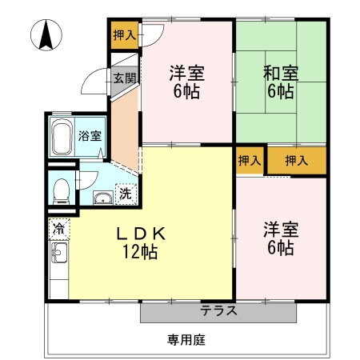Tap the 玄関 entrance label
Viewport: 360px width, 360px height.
pyautogui.click(x=123, y=78)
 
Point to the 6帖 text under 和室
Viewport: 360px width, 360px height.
pyautogui.click(x=280, y=91)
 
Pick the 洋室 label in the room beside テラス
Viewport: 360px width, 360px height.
pyautogui.click(x=281, y=230)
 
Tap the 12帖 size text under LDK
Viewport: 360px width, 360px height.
pyautogui.click(x=141, y=252)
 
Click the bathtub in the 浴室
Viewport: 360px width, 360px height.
pyautogui.click(x=62, y=138)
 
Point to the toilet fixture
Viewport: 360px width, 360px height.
pyautogui.click(x=61, y=190)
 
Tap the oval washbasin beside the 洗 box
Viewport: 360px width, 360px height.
pyautogui.click(x=102, y=198)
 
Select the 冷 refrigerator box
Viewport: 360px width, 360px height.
pyautogui.click(x=58, y=227)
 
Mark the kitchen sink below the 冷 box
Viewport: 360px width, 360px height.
pyautogui.click(x=58, y=256)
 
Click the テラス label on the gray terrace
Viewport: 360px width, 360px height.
pyautogui.click(x=218, y=311)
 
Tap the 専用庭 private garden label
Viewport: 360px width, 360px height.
pyautogui.click(x=186, y=339)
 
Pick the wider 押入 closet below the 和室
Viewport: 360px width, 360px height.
pyautogui.click(x=297, y=160)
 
